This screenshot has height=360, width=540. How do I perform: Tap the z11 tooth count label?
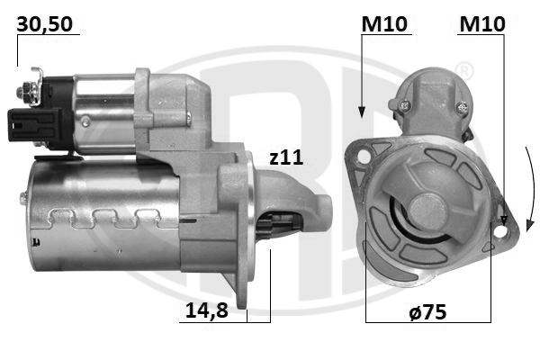point(286,157)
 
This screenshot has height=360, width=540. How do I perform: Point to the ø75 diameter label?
point(427,312)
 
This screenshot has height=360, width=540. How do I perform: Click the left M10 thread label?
point(383,24)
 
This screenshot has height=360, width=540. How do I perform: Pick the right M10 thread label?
point(481,24)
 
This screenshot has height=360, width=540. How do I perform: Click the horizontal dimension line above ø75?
point(428,321)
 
